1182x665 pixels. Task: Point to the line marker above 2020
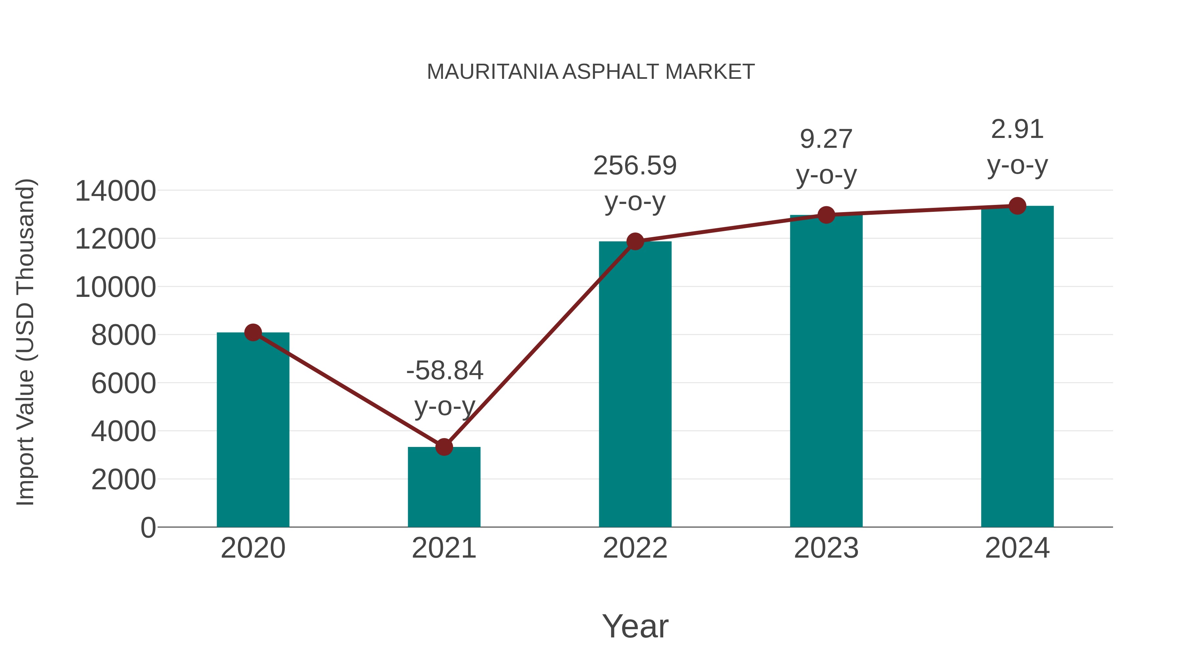click(x=253, y=332)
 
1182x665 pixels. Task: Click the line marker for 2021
click(x=444, y=447)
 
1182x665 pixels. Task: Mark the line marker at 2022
click(x=635, y=241)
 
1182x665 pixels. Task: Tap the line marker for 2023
click(x=826, y=215)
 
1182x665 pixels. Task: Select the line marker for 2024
click(x=1017, y=206)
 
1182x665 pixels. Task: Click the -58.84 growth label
click(x=444, y=370)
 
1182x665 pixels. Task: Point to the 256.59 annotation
click(x=635, y=166)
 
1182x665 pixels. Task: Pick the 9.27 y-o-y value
click(x=826, y=139)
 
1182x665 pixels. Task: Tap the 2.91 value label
click(x=1017, y=129)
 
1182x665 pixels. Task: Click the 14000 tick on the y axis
click(x=115, y=191)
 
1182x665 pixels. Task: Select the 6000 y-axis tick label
click(x=123, y=383)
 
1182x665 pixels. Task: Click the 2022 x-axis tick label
click(x=635, y=548)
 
